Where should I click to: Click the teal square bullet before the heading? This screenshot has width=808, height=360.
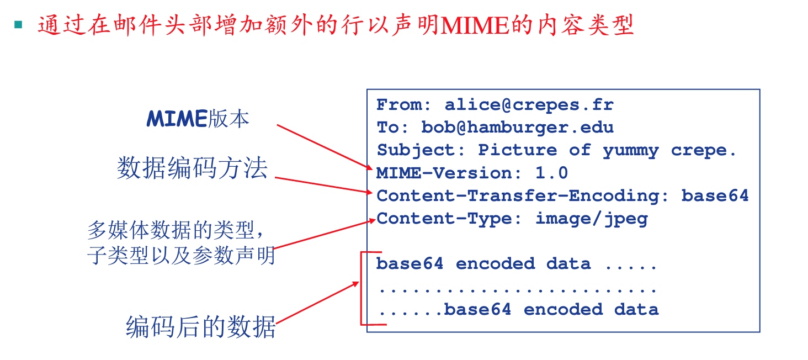(x=19, y=24)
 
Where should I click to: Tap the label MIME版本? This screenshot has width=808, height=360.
(x=198, y=119)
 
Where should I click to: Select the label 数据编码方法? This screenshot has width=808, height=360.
(x=192, y=168)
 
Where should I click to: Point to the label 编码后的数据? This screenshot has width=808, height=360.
(x=201, y=326)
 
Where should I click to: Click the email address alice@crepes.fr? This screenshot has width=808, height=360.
(x=529, y=105)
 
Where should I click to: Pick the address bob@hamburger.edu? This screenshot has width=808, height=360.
(x=517, y=128)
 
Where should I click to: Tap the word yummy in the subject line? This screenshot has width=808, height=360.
(x=630, y=150)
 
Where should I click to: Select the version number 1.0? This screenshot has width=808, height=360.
(x=551, y=173)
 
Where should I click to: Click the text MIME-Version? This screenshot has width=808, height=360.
(x=449, y=173)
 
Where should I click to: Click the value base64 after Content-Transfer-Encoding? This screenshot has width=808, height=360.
(x=715, y=195)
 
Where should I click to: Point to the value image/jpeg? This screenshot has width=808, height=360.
(x=591, y=219)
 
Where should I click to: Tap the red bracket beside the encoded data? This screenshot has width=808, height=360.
(x=362, y=287)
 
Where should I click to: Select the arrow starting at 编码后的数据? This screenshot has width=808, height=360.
(x=317, y=303)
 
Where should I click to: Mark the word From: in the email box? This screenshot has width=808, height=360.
(x=399, y=105)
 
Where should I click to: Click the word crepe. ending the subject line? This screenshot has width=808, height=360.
(x=704, y=150)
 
